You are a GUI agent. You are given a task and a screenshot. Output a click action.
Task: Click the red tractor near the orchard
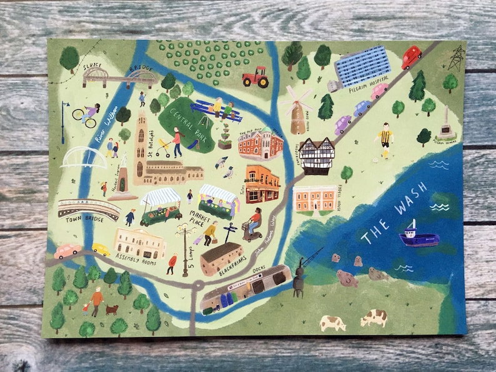255,78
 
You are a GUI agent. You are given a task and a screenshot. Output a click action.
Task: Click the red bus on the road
412,57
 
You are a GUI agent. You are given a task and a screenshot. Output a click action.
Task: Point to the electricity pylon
457,58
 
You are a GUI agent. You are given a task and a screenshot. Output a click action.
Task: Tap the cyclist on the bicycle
86,114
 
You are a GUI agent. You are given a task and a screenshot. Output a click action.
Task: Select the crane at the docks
302,273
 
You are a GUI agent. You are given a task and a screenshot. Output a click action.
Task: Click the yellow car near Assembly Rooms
100,250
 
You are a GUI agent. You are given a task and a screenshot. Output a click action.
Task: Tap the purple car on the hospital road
342,125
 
